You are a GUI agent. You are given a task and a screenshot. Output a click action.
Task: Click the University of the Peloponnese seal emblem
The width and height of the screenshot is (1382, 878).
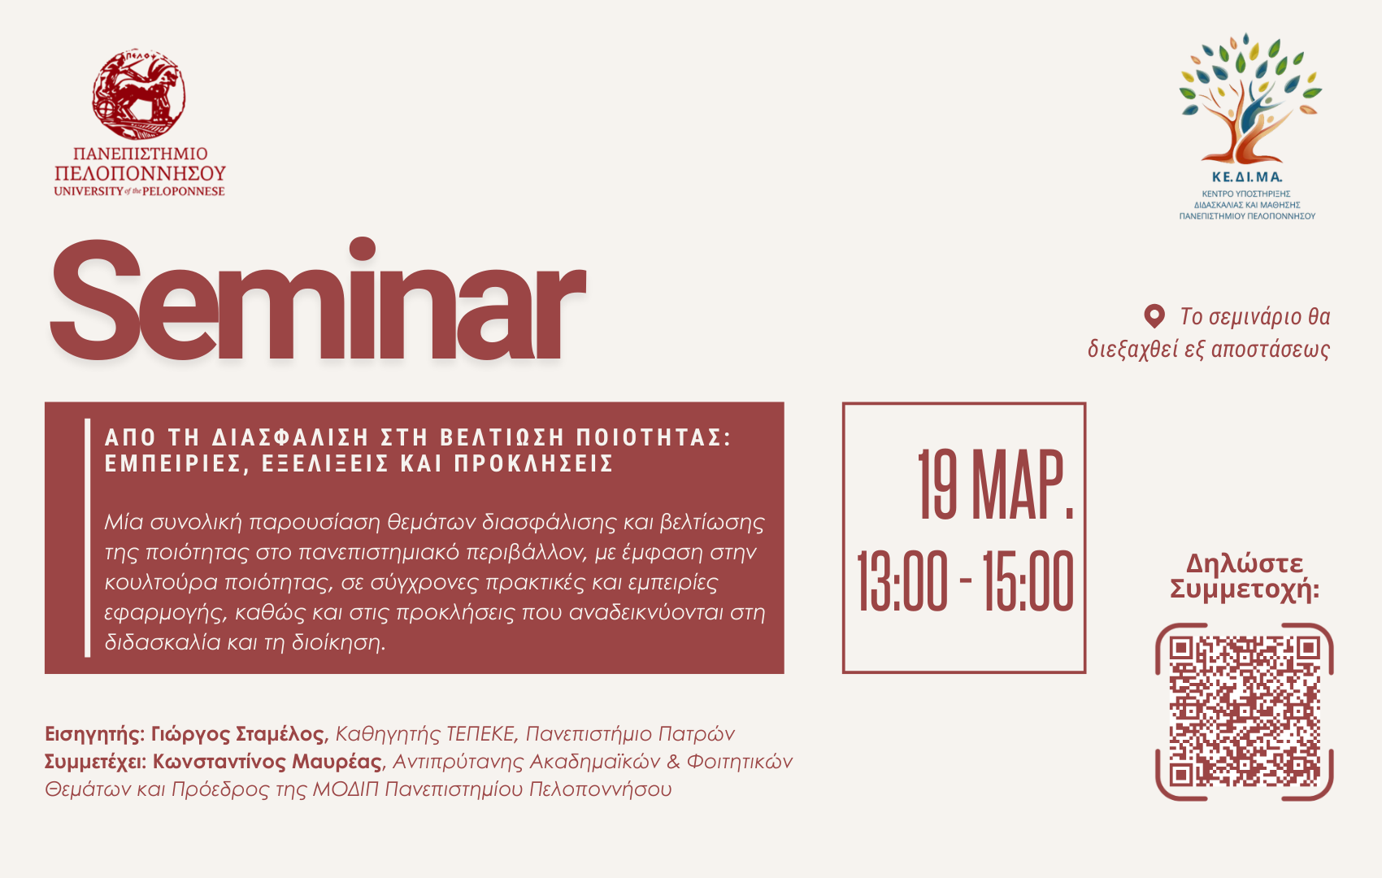click(139, 94)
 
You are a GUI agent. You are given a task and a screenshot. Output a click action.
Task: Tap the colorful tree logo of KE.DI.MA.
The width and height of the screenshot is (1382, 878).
click(1250, 98)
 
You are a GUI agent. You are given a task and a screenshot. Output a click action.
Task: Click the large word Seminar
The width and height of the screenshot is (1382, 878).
click(317, 299)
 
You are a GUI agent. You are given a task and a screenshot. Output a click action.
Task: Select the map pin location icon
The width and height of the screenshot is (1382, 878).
click(1154, 316)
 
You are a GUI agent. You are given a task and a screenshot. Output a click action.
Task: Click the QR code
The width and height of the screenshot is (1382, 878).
click(1245, 712)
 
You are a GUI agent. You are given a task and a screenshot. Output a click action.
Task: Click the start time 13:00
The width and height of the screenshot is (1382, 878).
click(902, 582)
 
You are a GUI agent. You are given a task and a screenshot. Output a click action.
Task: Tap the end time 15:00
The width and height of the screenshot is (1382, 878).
click(1028, 582)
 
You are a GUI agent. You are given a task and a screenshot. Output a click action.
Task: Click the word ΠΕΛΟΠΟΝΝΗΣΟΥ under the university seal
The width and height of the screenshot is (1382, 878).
click(140, 173)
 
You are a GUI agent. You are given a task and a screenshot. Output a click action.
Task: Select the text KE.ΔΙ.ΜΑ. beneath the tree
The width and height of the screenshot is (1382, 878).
click(1247, 177)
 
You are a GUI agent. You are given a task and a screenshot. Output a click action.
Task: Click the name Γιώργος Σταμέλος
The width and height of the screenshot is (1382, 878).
click(237, 734)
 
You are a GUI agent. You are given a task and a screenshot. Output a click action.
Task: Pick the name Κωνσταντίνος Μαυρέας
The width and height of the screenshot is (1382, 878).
click(267, 762)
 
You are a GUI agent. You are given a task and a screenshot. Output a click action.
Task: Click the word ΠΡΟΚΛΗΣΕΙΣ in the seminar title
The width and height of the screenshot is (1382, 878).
click(533, 463)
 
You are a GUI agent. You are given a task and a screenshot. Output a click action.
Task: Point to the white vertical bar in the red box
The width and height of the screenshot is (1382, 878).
click(88, 537)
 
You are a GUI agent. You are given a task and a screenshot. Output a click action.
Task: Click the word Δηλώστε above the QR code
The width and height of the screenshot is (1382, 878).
click(1245, 563)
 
